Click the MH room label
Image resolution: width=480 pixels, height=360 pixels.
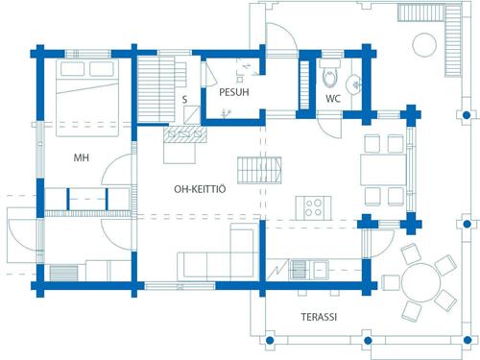pos(82,157)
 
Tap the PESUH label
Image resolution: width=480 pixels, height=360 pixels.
pos(234,92)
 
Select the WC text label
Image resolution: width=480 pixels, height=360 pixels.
pos(333,99)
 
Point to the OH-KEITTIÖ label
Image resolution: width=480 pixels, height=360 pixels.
pos(200,189)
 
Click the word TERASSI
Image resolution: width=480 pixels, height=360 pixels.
pos(319,317)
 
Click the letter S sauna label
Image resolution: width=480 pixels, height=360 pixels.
pos(184,100)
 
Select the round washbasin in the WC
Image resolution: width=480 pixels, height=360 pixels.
pos(353,84)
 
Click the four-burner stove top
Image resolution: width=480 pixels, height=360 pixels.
pos(313,207)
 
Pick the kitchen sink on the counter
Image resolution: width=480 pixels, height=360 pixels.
pos(309,270)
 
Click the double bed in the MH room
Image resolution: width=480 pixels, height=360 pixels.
pos(87,98)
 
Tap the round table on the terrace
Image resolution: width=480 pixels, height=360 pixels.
pos(421,283)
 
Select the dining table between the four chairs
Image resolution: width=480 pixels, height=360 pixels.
pos(383,170)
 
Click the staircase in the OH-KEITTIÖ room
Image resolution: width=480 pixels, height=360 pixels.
pos(259,170)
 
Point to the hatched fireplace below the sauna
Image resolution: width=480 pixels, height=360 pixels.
pos(184,134)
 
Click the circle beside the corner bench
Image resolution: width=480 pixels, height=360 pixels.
pos(424,45)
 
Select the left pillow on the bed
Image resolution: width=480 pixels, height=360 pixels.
pos(72,69)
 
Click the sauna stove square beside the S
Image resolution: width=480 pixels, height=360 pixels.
pos(192,115)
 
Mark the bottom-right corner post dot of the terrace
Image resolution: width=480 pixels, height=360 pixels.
pos(468,340)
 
